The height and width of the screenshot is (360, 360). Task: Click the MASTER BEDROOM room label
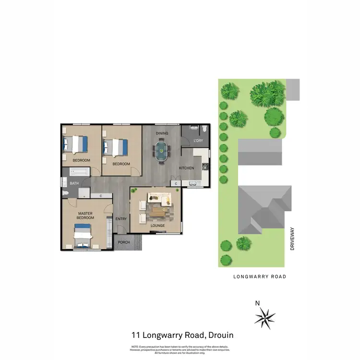(x=85, y=216)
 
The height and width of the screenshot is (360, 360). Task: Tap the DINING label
(x=161, y=133)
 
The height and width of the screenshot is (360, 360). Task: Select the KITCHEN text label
(x=186, y=168)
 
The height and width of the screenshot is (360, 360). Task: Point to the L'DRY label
(x=198, y=140)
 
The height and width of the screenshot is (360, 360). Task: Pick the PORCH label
(x=124, y=242)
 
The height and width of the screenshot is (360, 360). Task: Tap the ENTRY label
(x=121, y=219)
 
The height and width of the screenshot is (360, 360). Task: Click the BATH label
(x=74, y=183)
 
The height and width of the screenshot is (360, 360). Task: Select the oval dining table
(x=162, y=151)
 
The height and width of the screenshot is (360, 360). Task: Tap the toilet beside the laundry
(x=204, y=129)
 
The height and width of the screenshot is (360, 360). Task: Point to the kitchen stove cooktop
(x=205, y=167)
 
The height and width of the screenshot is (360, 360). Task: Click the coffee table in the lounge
(x=158, y=210)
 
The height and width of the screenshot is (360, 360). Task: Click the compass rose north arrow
(x=264, y=317)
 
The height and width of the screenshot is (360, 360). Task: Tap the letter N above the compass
(x=257, y=303)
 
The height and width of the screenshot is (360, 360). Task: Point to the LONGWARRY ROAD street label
(x=259, y=276)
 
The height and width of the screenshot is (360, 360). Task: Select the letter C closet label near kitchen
(x=176, y=184)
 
